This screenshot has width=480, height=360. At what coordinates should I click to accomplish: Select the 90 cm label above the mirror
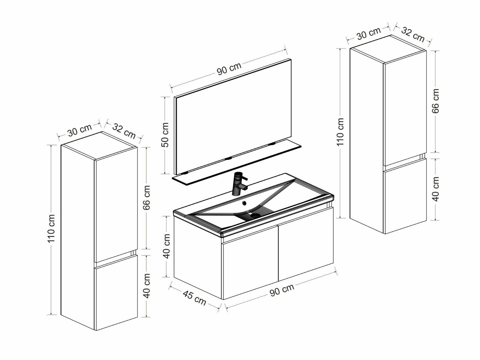[229, 68]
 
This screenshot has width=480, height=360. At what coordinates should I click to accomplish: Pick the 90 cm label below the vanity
[282, 289]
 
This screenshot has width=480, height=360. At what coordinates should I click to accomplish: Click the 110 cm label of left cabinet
[51, 228]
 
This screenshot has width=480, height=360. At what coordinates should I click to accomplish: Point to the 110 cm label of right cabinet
[340, 132]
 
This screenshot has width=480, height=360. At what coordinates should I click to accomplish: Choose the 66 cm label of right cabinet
[435, 101]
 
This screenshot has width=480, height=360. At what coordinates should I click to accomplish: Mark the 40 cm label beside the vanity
[166, 246]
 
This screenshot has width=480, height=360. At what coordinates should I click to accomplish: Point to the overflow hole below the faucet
[244, 203]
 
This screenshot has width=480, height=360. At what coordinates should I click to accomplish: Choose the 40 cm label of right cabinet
[435, 189]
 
